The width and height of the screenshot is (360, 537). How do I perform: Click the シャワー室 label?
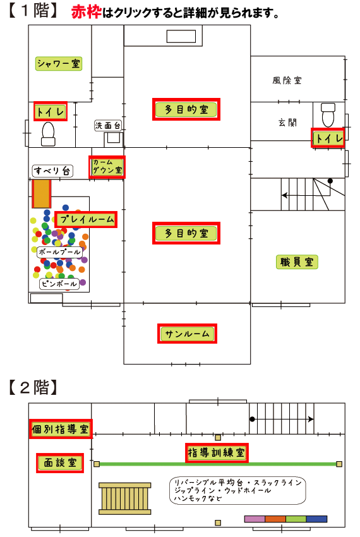pyautogui.click(x=59, y=64)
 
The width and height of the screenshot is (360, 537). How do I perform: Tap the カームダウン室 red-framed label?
pyautogui.click(x=107, y=167)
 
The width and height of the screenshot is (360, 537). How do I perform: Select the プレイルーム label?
pyautogui.click(x=86, y=219)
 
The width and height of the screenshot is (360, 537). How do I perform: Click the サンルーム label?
pyautogui.click(x=187, y=334)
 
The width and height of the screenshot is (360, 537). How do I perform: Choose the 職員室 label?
pyautogui.click(x=297, y=262)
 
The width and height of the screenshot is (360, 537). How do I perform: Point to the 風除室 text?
pyautogui.click(x=287, y=80)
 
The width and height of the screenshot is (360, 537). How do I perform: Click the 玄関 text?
pyautogui.click(x=287, y=123)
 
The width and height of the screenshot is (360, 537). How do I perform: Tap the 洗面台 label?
pyautogui.click(x=107, y=125)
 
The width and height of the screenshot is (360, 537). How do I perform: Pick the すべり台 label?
pyautogui.click(x=52, y=171)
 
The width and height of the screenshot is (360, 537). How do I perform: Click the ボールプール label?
pyautogui.click(x=59, y=252)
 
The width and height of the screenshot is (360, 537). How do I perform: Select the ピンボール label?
pyautogui.click(x=59, y=284)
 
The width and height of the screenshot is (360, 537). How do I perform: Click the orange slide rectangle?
pyautogui.click(x=42, y=193)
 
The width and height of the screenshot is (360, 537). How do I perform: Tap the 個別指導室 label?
pyautogui.click(x=61, y=429)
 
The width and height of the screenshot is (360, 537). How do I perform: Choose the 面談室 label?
pyautogui.click(x=60, y=462)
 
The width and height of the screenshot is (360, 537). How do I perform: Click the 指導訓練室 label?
pyautogui.click(x=217, y=453)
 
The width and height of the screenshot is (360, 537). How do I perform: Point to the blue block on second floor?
pyautogui.click(x=316, y=519)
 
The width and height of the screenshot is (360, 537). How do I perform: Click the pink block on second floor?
pyautogui.click(x=255, y=519)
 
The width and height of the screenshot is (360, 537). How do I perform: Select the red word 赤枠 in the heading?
pyautogui.click(x=87, y=13)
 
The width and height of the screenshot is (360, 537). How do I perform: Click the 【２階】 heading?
pyautogui.click(x=33, y=387)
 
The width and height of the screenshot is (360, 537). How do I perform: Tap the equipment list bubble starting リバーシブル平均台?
pyautogui.click(x=237, y=490)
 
